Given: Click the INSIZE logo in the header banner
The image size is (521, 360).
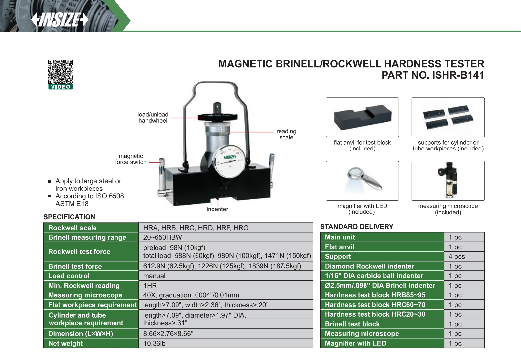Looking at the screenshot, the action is (x=60, y=20).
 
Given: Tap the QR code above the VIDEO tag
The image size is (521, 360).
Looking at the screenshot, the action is (x=60, y=71).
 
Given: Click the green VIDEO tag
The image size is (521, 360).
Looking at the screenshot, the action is (x=60, y=87).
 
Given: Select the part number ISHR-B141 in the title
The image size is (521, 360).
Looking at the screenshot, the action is (x=458, y=75).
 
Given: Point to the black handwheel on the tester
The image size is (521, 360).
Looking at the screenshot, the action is (x=217, y=117).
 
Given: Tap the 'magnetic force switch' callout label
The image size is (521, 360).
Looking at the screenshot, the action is (x=131, y=159).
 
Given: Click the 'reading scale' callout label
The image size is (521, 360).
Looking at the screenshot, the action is (x=286, y=134).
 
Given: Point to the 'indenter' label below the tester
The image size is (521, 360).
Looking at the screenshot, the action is (x=217, y=209).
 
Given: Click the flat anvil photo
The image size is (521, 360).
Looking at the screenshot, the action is (x=363, y=117).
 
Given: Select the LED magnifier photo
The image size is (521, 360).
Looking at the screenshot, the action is (x=363, y=181).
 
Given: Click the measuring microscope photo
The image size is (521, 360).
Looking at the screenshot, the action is (x=448, y=181).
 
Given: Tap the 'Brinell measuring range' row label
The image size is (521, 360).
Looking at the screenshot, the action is (x=87, y=237).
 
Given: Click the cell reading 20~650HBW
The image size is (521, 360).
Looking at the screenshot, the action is (x=163, y=237).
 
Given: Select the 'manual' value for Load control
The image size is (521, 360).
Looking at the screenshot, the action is (x=154, y=276).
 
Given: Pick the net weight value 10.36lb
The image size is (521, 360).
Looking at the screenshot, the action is (x=154, y=343).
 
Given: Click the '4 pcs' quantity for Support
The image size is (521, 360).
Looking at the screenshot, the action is (x=457, y=257).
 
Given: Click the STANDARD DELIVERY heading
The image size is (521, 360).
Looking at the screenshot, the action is (x=357, y=227).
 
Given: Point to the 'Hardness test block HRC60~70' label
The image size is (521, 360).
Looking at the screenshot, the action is (x=375, y=305).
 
